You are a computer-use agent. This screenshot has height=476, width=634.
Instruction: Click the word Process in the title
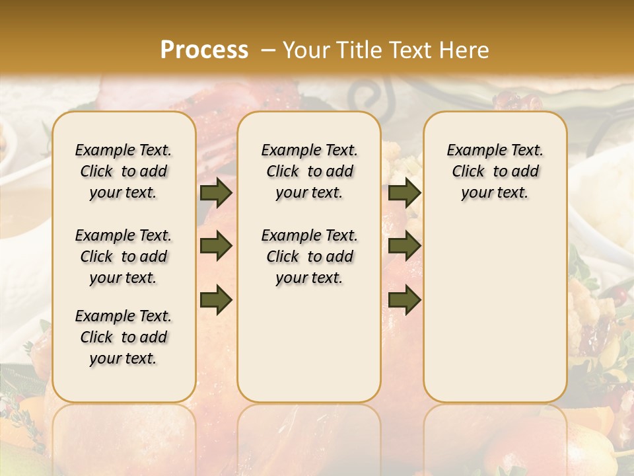point(204,50)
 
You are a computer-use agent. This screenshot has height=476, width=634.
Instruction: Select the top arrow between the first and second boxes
point(216,193)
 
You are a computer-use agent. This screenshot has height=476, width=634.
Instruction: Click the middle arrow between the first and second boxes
point(216,247)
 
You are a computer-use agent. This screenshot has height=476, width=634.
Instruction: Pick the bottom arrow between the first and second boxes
point(216,299)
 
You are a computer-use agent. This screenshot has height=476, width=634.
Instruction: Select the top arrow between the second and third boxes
point(404,193)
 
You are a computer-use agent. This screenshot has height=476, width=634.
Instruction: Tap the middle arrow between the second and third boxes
point(404,247)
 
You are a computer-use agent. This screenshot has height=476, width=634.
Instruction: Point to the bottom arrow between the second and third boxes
point(404,299)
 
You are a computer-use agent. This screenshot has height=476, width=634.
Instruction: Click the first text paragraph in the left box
point(123,171)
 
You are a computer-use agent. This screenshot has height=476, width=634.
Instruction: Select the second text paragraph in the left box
point(123,257)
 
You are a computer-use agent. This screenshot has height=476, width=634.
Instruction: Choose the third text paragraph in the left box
point(123,337)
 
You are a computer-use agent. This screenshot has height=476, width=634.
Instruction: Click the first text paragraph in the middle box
point(309,171)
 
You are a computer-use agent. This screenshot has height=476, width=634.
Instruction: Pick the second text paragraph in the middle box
point(309,257)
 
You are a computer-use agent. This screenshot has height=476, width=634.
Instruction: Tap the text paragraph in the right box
point(495,171)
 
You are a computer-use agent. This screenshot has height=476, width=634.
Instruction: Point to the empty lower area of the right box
point(495,304)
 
